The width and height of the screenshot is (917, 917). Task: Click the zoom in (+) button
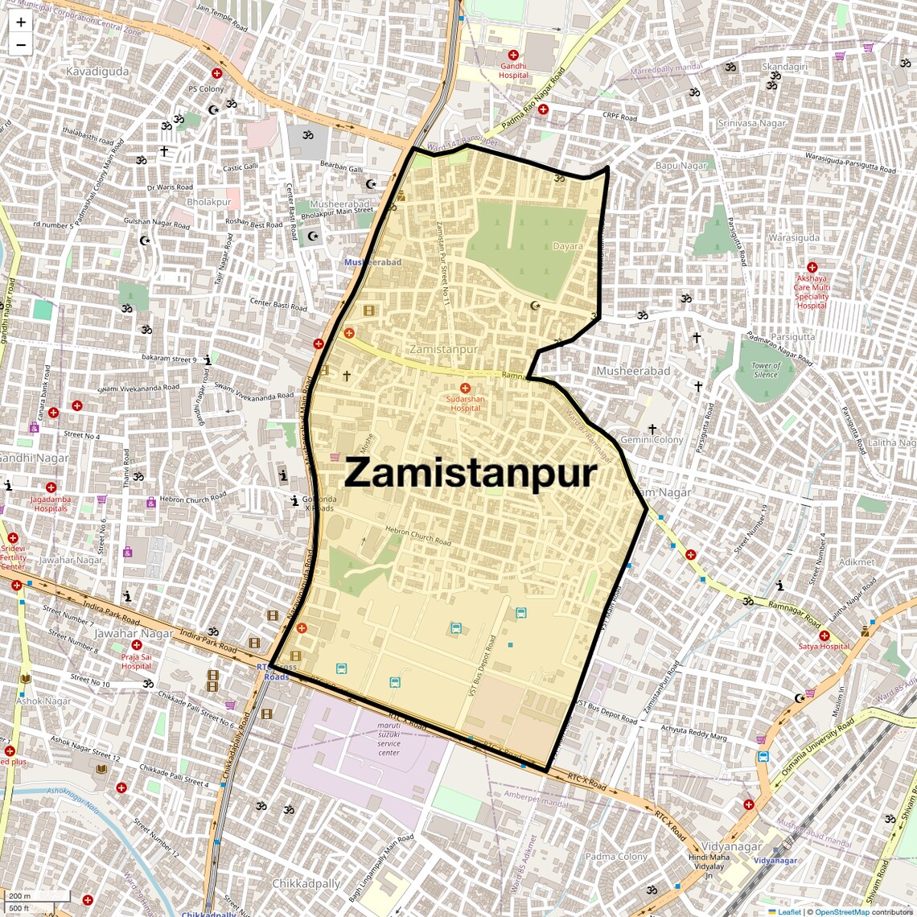(21, 23)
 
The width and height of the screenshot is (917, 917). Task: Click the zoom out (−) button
(21, 45)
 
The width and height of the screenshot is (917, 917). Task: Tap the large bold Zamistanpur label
(471, 473)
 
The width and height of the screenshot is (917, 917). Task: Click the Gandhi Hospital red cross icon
(513, 55)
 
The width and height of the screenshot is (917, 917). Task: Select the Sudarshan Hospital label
(465, 403)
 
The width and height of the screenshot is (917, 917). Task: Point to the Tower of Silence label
(765, 370)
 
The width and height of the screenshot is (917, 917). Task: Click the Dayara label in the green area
(567, 246)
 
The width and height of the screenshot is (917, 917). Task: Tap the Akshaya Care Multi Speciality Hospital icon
(812, 267)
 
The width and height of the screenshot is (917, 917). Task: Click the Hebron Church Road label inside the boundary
(418, 535)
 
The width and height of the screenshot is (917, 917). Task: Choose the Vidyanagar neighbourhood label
(731, 847)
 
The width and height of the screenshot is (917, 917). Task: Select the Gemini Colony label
(652, 440)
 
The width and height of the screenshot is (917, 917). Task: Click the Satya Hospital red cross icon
(824, 635)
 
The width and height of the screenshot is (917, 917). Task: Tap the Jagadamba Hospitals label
(51, 504)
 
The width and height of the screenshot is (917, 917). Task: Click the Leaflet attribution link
(789, 911)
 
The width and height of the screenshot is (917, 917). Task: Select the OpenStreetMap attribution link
(842, 911)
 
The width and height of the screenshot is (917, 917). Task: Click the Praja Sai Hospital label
(136, 661)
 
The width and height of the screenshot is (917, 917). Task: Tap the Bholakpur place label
(209, 202)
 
